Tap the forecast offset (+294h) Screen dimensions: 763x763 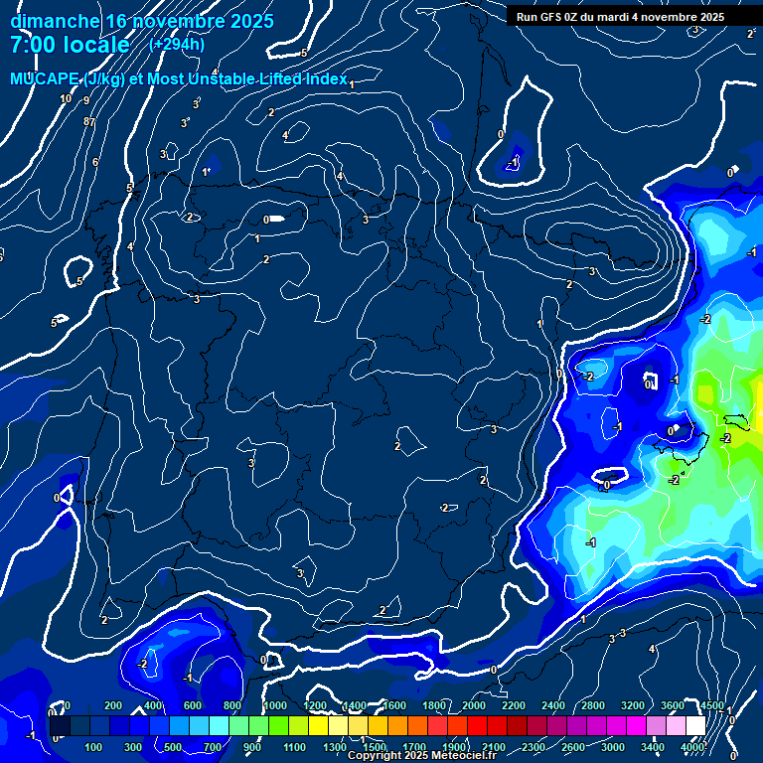tap(177, 44)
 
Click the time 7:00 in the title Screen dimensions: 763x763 tap(32, 45)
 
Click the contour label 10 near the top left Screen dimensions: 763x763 tap(66, 98)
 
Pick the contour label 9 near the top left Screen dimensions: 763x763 tap(86, 100)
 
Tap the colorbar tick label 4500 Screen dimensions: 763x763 tap(711, 705)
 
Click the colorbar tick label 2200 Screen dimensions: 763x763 tap(513, 705)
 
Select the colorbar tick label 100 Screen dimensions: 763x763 tap(94, 747)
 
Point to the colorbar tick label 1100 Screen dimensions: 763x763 tap(294, 747)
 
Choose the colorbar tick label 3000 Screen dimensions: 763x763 tap(613, 747)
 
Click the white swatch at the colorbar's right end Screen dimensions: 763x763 tap(694, 726)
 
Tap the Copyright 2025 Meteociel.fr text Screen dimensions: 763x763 tap(422, 756)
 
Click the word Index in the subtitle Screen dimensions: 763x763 tap(324, 78)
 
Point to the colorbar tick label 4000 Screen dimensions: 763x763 tap(692, 747)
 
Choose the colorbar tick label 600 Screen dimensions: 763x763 tap(194, 705)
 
